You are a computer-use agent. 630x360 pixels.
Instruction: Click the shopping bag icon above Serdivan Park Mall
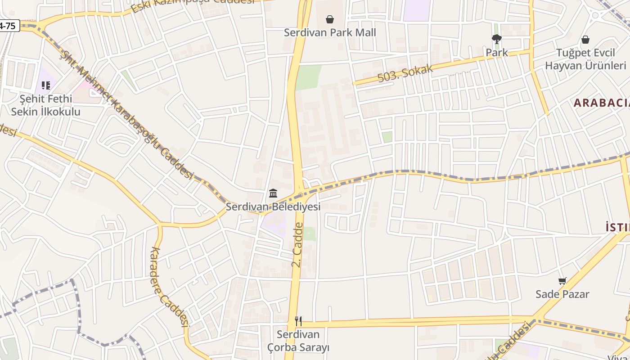tap(330, 19)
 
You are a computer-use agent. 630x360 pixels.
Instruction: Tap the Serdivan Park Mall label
tap(330, 32)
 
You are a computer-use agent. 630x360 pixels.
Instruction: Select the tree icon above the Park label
tap(497, 39)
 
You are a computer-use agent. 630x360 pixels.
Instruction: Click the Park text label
tap(497, 53)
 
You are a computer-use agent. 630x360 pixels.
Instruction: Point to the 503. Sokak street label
tap(405, 73)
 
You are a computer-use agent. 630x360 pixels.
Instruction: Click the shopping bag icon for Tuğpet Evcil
tap(585, 40)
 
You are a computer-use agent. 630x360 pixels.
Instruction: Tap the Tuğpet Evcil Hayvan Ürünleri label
tap(585, 59)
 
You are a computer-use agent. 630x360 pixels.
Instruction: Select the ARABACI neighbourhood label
tap(601, 103)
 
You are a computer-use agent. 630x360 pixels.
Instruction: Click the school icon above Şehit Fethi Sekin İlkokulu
tap(45, 85)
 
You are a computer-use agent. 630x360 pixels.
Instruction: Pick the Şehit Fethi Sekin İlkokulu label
tap(45, 105)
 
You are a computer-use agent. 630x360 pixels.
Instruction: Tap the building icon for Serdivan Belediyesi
tap(273, 193)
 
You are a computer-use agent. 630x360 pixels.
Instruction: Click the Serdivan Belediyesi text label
tap(273, 207)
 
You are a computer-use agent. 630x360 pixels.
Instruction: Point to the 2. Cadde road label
tap(298, 245)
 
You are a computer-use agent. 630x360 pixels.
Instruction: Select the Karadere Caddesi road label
tap(170, 287)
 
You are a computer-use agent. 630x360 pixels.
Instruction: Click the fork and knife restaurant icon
tap(298, 321)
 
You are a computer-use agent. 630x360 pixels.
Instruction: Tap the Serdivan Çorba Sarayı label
tap(298, 341)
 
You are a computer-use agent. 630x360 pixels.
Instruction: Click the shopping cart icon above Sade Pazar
tap(562, 281)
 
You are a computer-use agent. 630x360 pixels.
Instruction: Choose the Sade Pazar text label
tap(562, 294)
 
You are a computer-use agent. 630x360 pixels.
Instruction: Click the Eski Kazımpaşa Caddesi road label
tap(193, 4)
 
